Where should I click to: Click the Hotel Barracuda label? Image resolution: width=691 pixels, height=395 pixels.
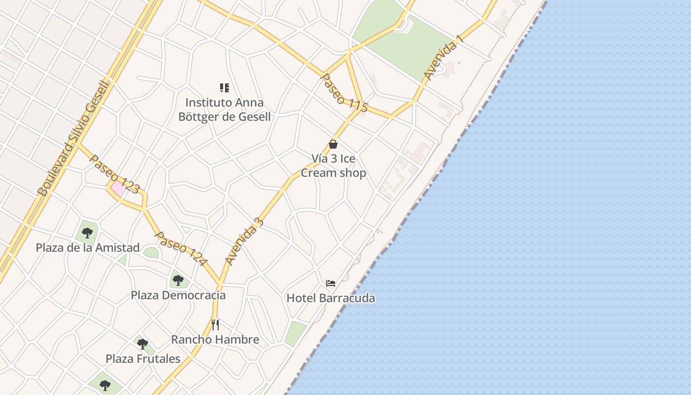coord(331,298)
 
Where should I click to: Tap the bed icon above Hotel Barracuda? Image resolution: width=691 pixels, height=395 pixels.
coord(331,283)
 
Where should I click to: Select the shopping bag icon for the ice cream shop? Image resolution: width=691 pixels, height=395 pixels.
coord(333,144)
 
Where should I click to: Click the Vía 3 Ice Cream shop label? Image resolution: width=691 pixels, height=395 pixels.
coord(333,166)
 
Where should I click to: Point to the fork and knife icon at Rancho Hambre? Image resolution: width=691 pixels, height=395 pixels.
coord(215,324)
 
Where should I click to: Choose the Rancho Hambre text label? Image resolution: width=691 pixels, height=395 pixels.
coord(215,340)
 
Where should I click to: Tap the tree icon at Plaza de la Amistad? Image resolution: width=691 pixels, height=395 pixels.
coord(87,233)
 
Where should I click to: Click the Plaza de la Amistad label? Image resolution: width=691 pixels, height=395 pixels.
coord(88,247)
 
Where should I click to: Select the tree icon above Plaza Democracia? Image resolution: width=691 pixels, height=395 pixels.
coord(178,280)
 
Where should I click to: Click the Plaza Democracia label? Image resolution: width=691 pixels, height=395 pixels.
coord(178,295)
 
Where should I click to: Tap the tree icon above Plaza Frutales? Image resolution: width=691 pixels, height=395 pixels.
coord(143,344)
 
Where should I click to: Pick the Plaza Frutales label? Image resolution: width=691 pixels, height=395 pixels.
coord(143,358)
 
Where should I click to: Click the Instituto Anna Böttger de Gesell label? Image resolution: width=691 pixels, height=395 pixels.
coord(225,110)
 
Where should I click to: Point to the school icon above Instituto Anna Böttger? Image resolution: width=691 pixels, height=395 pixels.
coord(225,88)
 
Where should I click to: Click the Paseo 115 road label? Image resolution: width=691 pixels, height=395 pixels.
coord(344,93)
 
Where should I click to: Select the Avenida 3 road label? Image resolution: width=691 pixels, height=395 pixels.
coord(244,241)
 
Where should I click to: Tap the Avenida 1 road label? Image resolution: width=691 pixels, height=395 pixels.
coord(443,58)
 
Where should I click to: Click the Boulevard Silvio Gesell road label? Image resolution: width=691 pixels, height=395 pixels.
coord(75,139)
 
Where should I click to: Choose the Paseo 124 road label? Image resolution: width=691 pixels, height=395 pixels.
coord(180,248)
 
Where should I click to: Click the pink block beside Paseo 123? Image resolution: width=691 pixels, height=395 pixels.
coord(118,188)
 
